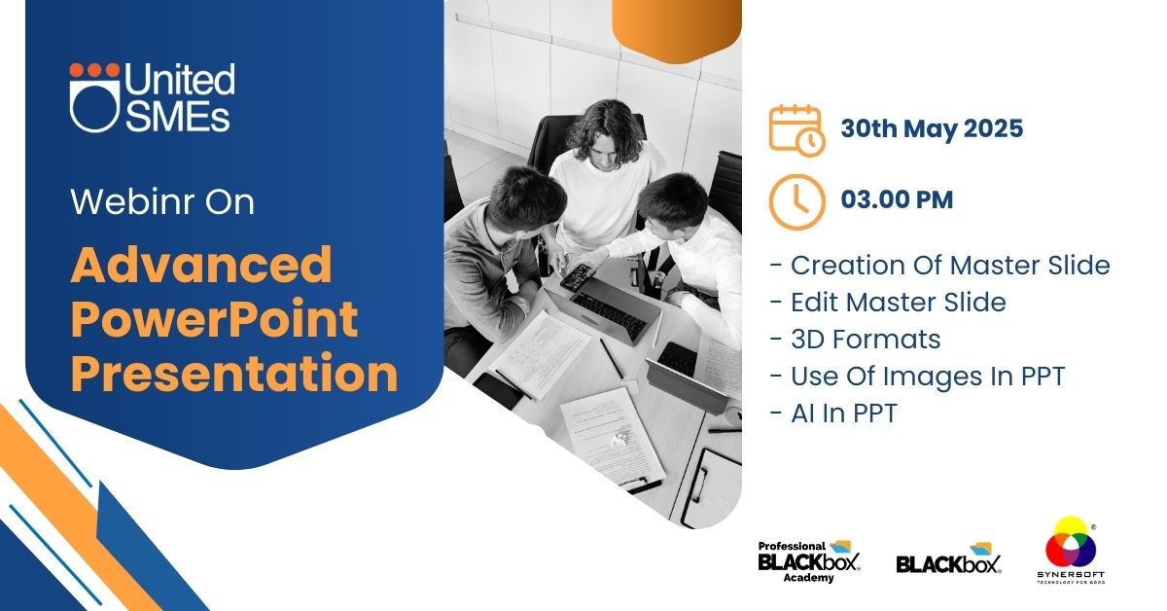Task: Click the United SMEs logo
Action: coord(152,97)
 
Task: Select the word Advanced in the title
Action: coord(201,265)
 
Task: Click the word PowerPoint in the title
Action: coord(214,319)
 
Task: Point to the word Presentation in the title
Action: coord(234,374)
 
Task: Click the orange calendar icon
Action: coord(796,130)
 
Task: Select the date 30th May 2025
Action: coord(932,128)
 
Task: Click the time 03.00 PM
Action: coord(897,199)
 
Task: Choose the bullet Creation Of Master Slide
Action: coord(939,266)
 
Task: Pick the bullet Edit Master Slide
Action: coord(888,303)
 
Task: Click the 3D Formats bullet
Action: coord(855,340)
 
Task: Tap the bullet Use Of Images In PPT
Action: coord(917,377)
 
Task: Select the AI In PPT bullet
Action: coord(833,413)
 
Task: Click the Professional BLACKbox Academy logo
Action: coord(808,561)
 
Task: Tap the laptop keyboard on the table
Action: coord(610,313)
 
